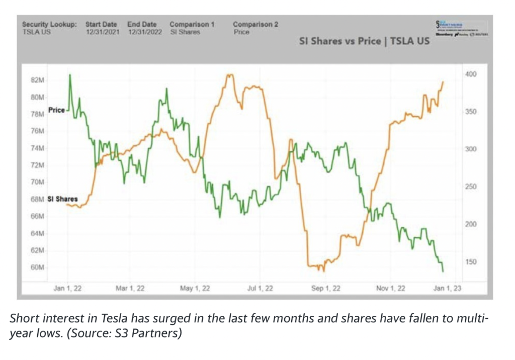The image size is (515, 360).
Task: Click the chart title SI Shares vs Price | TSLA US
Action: pos(365,41)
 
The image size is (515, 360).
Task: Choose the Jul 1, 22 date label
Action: pos(261,289)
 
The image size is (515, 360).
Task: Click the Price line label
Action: pos(56,110)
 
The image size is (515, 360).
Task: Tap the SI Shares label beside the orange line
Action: pos(62,199)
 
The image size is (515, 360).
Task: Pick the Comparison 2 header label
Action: pos(256,24)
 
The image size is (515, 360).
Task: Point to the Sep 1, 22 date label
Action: pos(326,289)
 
